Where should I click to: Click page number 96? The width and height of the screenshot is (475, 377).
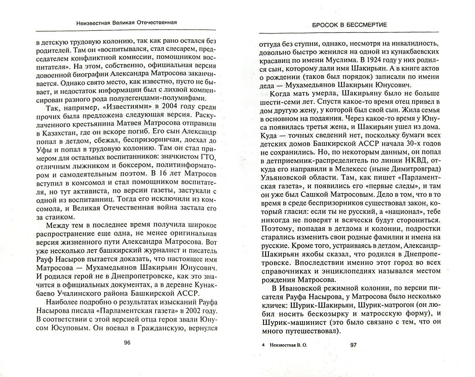click(127, 342)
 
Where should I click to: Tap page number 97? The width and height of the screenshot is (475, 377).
click(353, 345)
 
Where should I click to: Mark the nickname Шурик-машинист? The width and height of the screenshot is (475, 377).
click(293, 322)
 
